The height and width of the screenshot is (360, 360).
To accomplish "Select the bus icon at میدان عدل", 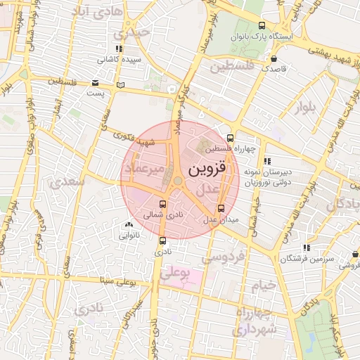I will [221, 208].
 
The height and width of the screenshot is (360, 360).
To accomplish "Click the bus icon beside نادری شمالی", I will [163, 204].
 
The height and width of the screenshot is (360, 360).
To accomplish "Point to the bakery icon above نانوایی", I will [128, 225].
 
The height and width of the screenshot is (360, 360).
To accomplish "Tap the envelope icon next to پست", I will [95, 83].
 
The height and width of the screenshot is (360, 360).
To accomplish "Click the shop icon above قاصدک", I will [274, 59].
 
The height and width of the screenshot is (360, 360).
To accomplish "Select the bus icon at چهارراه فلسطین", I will [231, 138].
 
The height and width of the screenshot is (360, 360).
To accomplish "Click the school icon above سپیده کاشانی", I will [119, 49].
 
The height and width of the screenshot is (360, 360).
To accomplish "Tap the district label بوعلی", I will [175, 274].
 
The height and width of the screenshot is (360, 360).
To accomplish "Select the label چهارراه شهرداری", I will [256, 321].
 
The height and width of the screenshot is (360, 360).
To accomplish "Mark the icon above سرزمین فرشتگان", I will [306, 248].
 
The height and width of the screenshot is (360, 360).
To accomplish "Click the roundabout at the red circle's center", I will [176, 181].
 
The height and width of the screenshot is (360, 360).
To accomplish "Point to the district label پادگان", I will [343, 204].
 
